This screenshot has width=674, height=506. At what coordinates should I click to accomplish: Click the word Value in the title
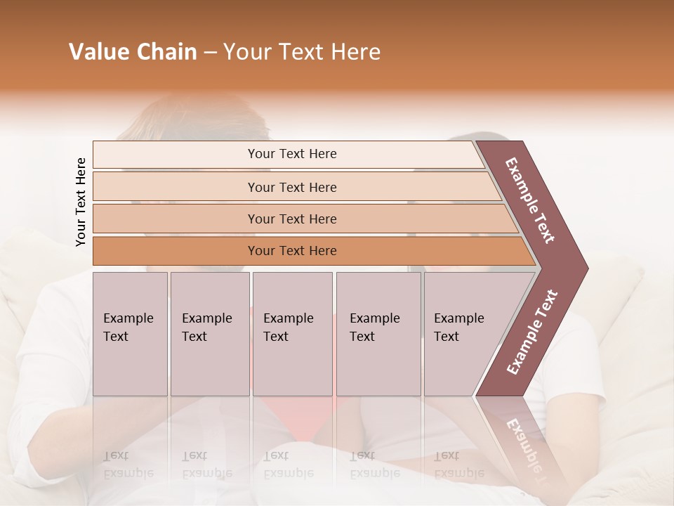point(98,52)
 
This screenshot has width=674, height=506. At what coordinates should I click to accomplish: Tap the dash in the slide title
point(210,53)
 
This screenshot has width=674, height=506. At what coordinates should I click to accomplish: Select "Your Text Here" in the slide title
point(301,52)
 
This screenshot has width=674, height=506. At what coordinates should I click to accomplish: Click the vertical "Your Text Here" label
point(81,202)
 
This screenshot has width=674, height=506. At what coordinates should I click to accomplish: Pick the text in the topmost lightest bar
point(292,154)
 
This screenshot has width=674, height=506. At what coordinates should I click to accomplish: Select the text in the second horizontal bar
point(292,188)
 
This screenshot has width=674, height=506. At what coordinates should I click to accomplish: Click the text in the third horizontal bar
point(292,219)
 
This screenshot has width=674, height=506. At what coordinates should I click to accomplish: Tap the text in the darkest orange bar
point(292,251)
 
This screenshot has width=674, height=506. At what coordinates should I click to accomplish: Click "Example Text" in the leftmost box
point(128,327)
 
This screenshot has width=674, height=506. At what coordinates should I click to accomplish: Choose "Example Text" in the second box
point(206,327)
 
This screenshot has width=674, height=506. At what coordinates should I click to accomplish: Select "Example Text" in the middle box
point(288,327)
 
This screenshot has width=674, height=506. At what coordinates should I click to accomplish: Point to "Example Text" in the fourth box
point(374,327)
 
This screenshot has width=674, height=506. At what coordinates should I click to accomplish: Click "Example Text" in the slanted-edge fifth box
point(458,327)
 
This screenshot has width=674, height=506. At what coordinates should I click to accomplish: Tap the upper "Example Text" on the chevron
point(530,200)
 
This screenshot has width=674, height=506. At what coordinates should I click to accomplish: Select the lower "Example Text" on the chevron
point(531,332)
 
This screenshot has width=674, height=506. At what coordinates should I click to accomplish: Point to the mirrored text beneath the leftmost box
point(128,465)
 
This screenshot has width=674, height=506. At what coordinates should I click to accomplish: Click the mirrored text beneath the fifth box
point(458,465)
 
